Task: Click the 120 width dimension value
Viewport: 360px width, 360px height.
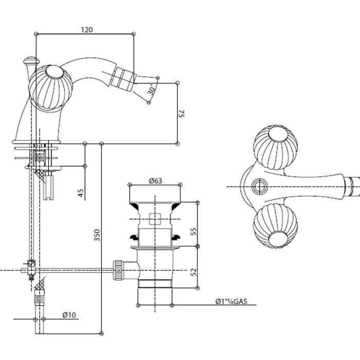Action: pos(87,29)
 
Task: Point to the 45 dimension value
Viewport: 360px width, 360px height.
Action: pos(80,193)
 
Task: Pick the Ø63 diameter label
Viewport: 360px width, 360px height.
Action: pos(155,181)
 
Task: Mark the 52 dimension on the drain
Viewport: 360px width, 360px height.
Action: pos(194,271)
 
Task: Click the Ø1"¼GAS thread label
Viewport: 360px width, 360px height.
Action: pos(232,302)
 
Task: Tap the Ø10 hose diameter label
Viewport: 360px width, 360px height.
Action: pos(69,314)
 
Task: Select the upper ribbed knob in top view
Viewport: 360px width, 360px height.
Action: pos(271,145)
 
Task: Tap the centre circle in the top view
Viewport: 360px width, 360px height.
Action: pos(260,185)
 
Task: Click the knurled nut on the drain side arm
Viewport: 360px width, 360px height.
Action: pos(119,270)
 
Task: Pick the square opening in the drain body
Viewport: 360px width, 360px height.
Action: pos(155,219)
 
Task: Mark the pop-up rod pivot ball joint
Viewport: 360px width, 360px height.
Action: pos(32,264)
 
